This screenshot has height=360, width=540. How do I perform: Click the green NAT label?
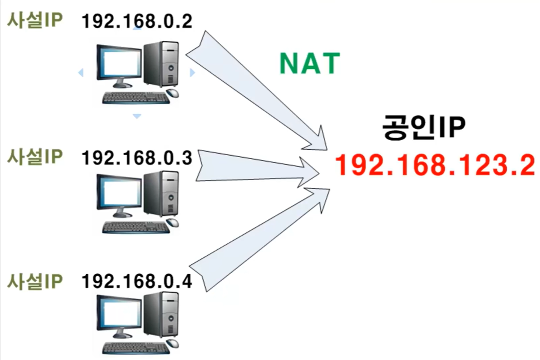[309, 63]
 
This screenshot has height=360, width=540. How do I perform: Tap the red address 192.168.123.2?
[434, 165]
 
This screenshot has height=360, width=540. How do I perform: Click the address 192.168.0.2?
[136, 21]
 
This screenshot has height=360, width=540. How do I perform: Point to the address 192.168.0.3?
[136, 158]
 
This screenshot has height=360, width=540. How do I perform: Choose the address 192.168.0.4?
[136, 282]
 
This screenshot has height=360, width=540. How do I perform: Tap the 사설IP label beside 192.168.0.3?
[34, 157]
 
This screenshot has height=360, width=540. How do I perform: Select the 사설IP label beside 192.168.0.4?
[34, 282]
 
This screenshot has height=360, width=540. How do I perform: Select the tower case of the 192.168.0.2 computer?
[161, 63]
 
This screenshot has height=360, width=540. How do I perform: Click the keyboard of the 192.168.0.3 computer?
[135, 227]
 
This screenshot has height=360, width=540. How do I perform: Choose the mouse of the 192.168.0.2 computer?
[172, 93]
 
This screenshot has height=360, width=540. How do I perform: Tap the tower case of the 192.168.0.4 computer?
[161, 314]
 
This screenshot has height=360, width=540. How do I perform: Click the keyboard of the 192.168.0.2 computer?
[135, 98]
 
